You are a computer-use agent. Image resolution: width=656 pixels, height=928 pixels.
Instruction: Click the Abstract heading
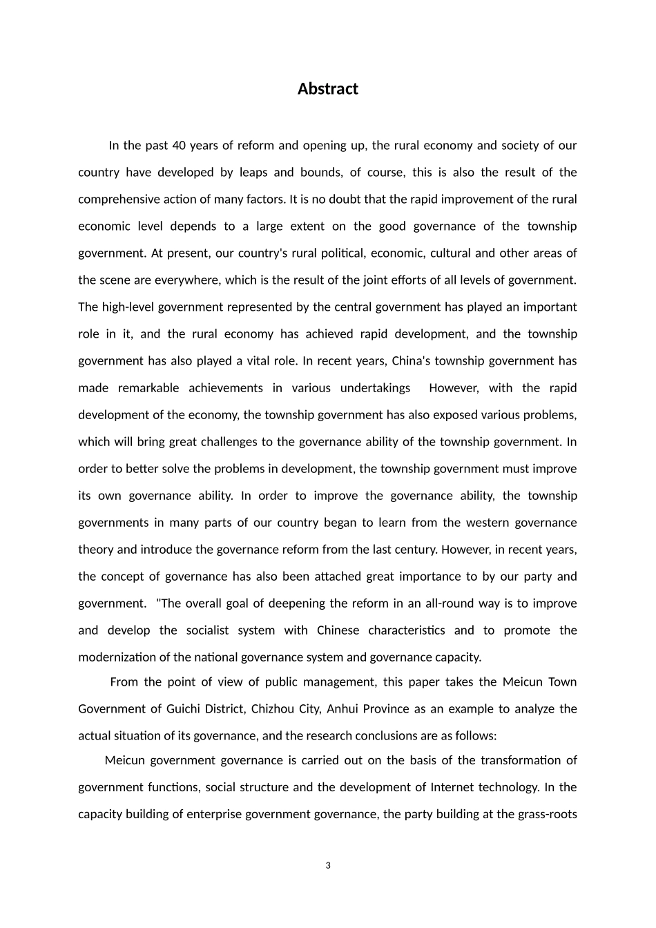point(327,89)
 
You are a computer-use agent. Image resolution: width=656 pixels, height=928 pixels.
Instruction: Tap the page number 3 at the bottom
point(328,866)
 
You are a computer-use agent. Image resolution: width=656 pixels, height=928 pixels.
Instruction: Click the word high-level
point(128,307)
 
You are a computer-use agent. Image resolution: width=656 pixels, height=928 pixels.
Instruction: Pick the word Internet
point(452,788)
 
